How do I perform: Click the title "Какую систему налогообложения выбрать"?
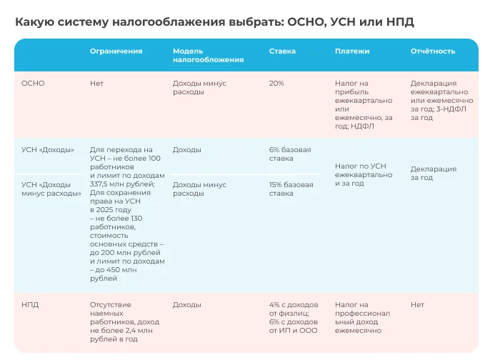(214, 22)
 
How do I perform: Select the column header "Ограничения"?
(116, 51)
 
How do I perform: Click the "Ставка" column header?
(282, 51)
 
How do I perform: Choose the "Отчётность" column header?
(433, 51)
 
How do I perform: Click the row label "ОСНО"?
(33, 84)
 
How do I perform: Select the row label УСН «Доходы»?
(48, 150)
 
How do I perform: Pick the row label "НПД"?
(30, 304)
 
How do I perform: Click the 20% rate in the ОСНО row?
(276, 84)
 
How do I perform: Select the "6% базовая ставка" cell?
(290, 154)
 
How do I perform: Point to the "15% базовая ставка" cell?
(291, 189)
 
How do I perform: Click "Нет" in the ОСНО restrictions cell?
(96, 84)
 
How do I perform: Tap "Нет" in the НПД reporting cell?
(417, 304)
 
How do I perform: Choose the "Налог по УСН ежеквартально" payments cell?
(363, 174)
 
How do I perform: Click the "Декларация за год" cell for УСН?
(433, 174)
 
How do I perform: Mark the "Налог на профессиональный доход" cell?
(363, 317)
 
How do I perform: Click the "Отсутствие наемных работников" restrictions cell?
(118, 321)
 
